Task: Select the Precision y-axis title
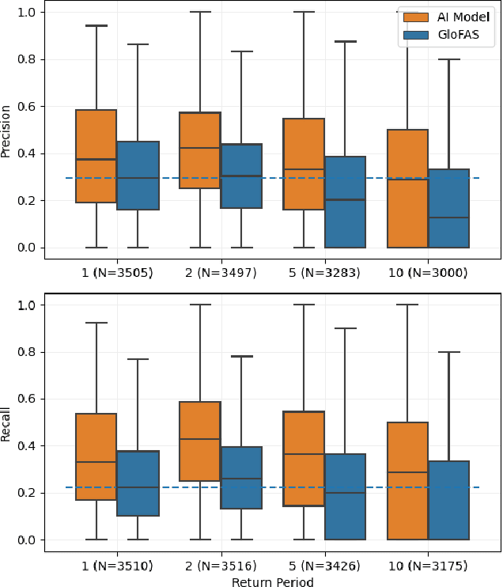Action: [7, 131]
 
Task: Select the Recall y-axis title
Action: [7, 422]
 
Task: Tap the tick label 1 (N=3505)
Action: [117, 273]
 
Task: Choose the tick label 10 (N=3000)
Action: [428, 273]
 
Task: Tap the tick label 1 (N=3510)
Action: [117, 566]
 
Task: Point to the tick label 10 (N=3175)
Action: [428, 566]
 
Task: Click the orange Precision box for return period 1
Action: [96, 156]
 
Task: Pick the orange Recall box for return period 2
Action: [200, 441]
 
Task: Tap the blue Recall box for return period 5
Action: [345, 497]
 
